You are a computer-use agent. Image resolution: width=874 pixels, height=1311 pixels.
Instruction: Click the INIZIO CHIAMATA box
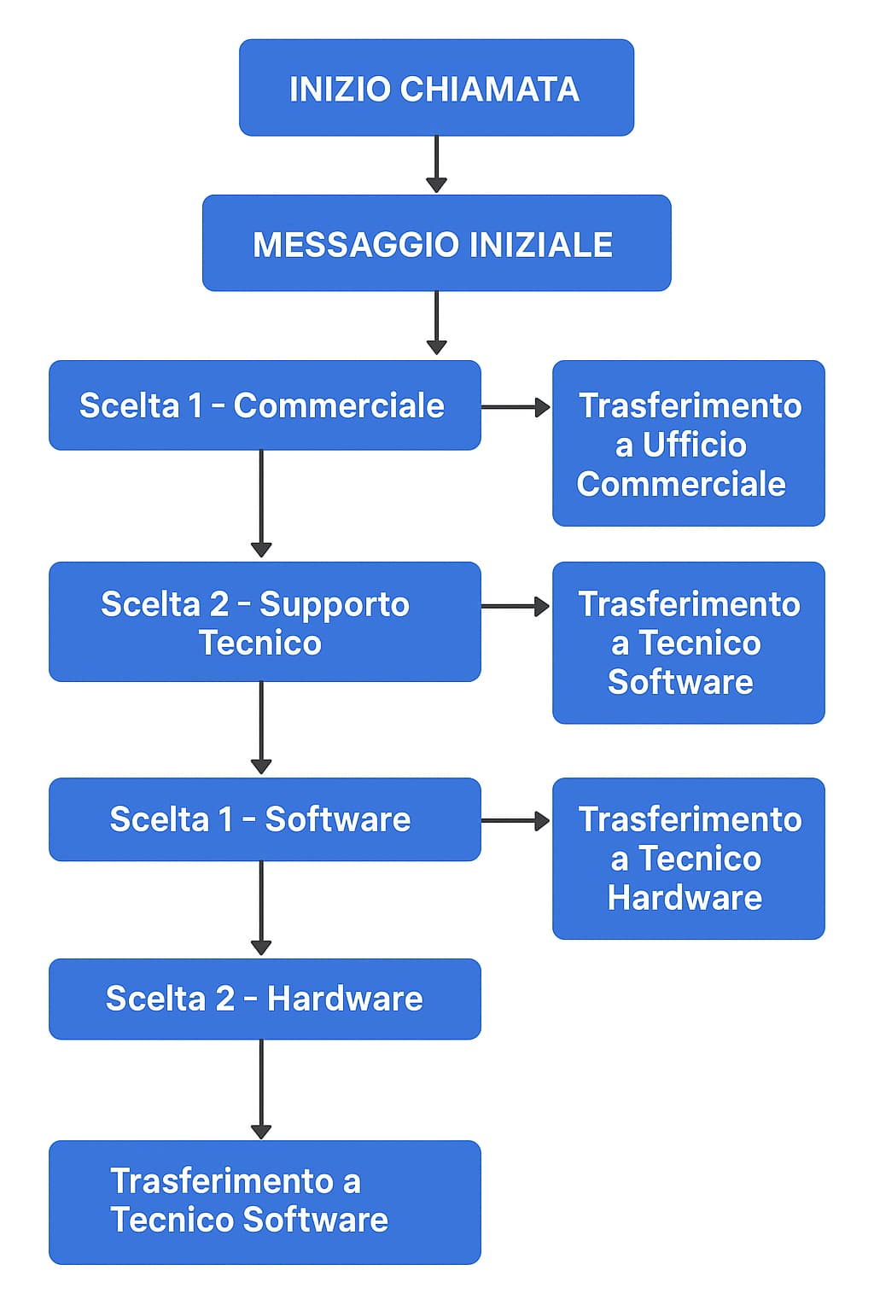pyautogui.click(x=436, y=87)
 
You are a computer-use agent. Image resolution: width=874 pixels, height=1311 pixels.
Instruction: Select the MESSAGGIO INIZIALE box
pyautogui.click(x=436, y=243)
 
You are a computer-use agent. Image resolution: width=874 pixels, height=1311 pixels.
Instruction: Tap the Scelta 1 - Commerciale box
pyautogui.click(x=265, y=405)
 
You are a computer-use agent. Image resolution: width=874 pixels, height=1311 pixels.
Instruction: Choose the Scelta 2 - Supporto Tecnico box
pyautogui.click(x=265, y=622)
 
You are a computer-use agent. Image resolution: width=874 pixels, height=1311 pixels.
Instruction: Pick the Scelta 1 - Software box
pyautogui.click(x=265, y=819)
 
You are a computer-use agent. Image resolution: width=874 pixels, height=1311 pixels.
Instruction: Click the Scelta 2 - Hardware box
pyautogui.click(x=265, y=999)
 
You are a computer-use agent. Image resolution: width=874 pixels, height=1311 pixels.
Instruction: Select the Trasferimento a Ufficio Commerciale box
pyautogui.click(x=688, y=444)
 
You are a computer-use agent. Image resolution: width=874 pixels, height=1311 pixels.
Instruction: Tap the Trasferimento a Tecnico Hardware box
pyautogui.click(x=688, y=859)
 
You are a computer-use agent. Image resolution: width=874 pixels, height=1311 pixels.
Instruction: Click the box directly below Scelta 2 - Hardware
pyautogui.click(x=265, y=1202)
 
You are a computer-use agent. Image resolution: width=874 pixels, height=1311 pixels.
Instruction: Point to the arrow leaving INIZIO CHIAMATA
pyautogui.click(x=436, y=164)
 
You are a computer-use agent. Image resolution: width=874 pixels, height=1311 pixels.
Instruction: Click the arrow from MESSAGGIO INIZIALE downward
pyautogui.click(x=436, y=323)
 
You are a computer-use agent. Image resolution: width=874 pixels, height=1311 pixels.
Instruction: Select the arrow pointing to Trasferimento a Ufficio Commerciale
pyautogui.click(x=516, y=408)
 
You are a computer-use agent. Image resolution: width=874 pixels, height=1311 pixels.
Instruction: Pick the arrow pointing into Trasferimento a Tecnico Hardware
pyautogui.click(x=516, y=821)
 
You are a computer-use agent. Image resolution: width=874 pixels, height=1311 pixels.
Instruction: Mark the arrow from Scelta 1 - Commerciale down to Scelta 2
pyautogui.click(x=261, y=504)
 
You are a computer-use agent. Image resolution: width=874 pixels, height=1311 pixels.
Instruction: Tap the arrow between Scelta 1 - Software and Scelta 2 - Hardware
pyautogui.click(x=261, y=908)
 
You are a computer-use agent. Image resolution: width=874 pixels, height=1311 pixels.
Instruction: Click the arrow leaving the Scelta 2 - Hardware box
pyautogui.click(x=261, y=1089)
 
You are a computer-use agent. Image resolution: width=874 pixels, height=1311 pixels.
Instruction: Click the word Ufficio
pyautogui.click(x=694, y=445)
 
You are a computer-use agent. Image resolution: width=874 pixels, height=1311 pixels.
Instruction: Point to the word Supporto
pyautogui.click(x=334, y=604)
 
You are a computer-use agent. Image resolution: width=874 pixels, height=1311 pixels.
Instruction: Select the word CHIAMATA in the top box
pyautogui.click(x=489, y=89)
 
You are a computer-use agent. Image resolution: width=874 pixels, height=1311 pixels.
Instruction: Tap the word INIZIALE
pyautogui.click(x=540, y=245)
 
